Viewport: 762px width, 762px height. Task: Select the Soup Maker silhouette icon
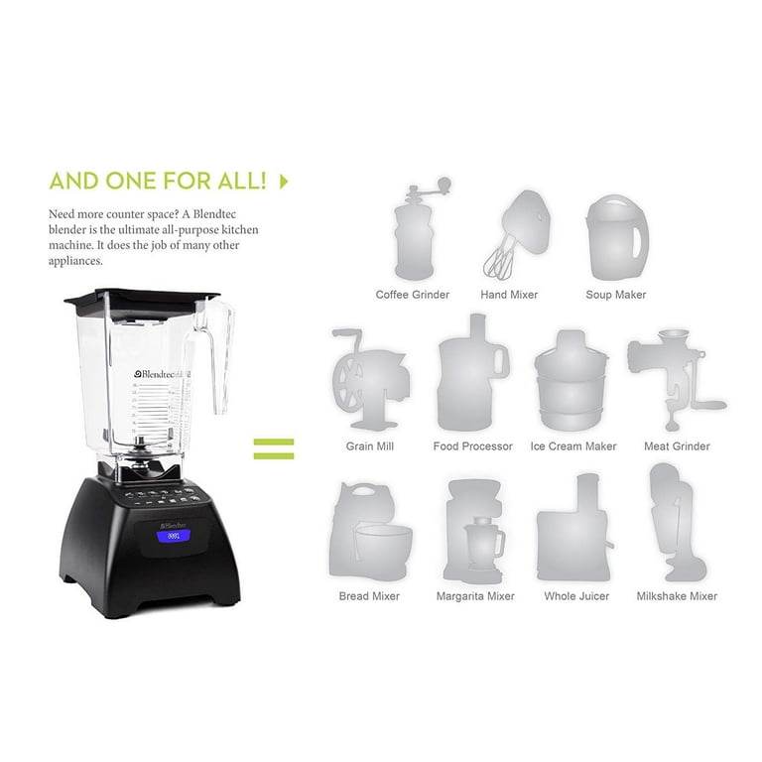tap(615, 236)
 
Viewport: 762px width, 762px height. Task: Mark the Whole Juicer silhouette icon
tap(575, 531)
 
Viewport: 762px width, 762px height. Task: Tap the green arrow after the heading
tap(284, 181)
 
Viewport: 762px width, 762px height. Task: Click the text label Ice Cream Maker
tap(573, 446)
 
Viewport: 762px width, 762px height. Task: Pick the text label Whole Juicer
tap(576, 596)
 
